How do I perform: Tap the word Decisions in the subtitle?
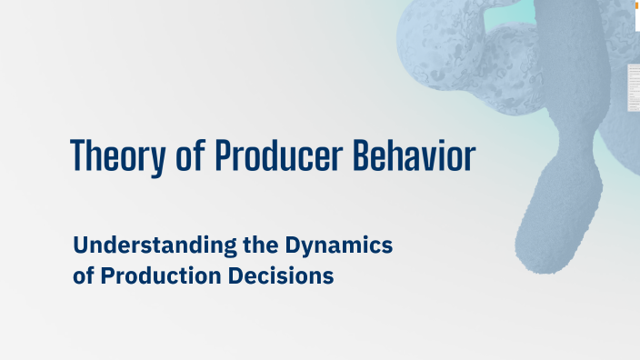pos(285,275)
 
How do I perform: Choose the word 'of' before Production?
pos(84,275)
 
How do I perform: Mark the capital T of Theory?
pos(79,157)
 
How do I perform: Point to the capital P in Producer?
pos(224,157)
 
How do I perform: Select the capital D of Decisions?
pos(242,275)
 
